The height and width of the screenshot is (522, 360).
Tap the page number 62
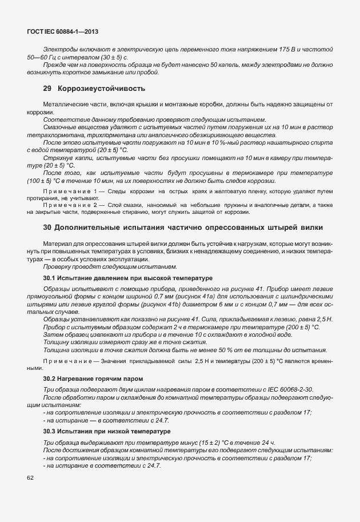pos(30,477)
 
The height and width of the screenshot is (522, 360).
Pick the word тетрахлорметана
pos(51,136)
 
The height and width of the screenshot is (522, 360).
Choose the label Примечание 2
pos(70,205)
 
